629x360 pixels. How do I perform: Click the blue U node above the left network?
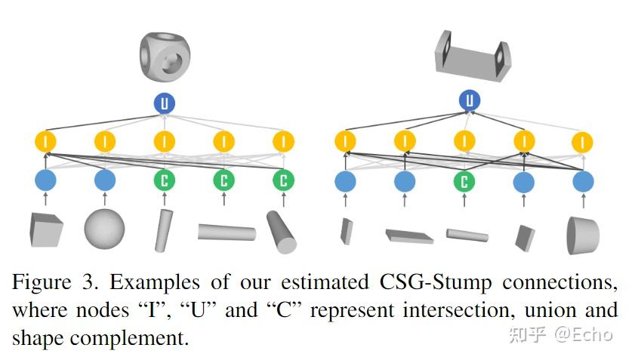(164, 103)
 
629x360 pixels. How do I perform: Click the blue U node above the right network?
(469, 100)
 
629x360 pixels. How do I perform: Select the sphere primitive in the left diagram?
(103, 229)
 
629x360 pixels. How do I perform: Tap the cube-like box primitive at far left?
(45, 229)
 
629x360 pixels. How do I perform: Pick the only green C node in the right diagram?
(464, 181)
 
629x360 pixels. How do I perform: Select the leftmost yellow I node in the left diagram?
(46, 141)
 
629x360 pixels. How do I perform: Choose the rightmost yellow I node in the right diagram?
(583, 141)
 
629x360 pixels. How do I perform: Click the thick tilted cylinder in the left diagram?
(282, 232)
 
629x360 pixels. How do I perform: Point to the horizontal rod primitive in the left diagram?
(227, 232)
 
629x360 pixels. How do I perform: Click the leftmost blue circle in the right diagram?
(345, 181)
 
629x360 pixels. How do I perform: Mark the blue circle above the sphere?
(104, 180)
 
